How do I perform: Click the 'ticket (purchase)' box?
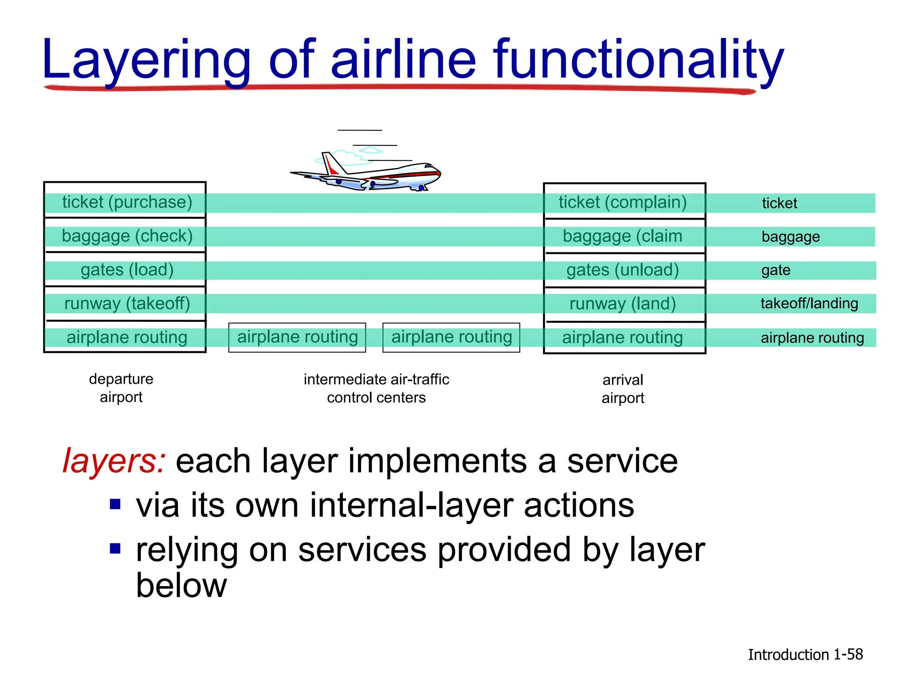click(127, 202)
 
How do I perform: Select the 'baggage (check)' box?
click(127, 236)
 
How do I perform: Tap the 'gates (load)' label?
click(127, 270)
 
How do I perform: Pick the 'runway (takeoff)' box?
click(127, 304)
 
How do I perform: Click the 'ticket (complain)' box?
click(623, 202)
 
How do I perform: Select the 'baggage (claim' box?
click(623, 236)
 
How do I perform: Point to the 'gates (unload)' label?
click(623, 270)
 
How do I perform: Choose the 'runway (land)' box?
click(623, 304)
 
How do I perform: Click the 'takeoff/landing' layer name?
click(809, 303)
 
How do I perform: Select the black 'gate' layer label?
click(776, 270)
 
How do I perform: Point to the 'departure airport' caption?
click(121, 388)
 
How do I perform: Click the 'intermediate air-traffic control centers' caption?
click(376, 388)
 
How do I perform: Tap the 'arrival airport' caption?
click(623, 389)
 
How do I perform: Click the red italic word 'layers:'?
click(114, 461)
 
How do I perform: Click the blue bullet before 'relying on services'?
click(115, 549)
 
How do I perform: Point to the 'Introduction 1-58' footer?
click(805, 654)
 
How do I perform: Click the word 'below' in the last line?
click(181, 586)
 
